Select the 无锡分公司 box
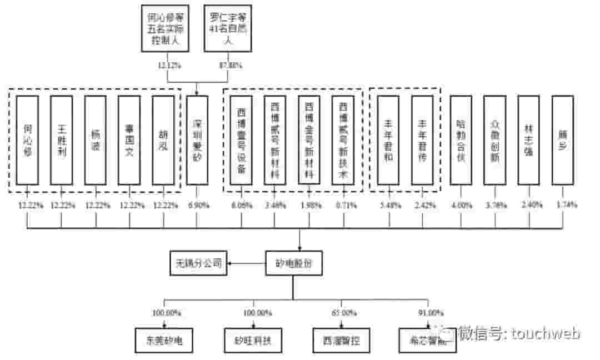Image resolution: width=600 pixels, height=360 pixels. [x=199, y=263]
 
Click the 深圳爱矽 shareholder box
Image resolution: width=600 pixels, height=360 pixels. [x=197, y=139]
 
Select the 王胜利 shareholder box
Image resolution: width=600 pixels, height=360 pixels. [x=61, y=139]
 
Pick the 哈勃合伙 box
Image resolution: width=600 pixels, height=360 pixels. [x=461, y=139]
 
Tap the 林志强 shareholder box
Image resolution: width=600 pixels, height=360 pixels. [x=528, y=139]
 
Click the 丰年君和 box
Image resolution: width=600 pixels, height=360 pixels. [x=388, y=139]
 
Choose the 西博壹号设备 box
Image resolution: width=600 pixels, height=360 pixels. [x=241, y=139]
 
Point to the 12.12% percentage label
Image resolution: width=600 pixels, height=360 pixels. [x=168, y=66]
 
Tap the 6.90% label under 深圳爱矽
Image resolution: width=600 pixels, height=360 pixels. [x=198, y=205]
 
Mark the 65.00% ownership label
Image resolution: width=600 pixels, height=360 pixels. [x=344, y=313]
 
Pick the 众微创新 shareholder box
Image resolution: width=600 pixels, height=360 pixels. [x=494, y=139]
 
